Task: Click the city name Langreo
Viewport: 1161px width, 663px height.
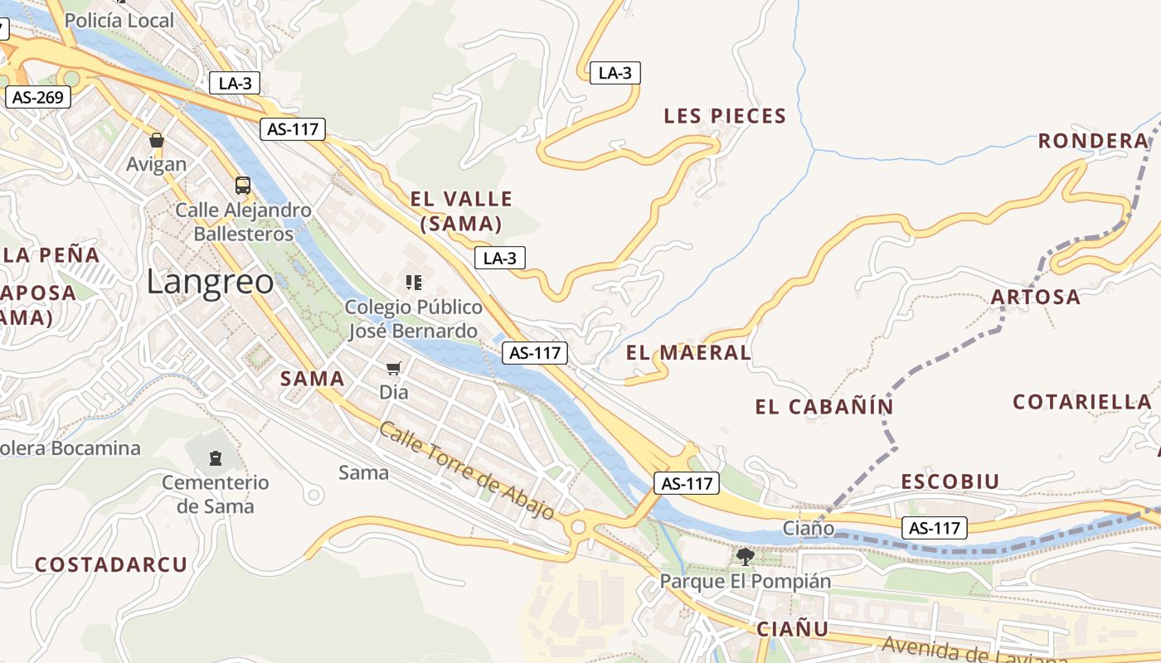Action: pos(210,283)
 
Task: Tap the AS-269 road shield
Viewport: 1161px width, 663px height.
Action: pos(38,97)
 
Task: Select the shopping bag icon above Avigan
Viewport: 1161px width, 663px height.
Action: pos(157,140)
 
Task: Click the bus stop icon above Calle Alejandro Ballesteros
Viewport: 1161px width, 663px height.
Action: pos(242,185)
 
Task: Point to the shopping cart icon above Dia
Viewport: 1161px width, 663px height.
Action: pos(394,367)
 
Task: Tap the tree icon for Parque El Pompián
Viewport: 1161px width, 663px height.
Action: pos(745,556)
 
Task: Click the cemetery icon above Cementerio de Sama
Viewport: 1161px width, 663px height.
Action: pos(216,457)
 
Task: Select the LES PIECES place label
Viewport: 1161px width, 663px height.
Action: pos(725,117)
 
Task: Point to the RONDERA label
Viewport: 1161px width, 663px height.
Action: pos(1093,141)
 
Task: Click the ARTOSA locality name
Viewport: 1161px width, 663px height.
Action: pos(1036,297)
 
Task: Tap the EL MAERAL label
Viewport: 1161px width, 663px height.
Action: pos(688,353)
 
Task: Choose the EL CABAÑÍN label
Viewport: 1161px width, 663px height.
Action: pos(824,407)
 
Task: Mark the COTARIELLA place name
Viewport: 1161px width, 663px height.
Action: pos(1081,402)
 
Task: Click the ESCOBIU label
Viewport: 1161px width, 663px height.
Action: pos(950,482)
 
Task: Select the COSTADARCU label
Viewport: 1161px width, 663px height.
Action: pos(111,565)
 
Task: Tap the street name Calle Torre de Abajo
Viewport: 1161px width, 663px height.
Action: pos(467,470)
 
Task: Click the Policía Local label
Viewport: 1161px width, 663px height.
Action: pos(119,21)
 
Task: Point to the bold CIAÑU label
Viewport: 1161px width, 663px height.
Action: pos(792,629)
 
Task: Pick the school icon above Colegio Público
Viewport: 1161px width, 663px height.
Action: pos(414,283)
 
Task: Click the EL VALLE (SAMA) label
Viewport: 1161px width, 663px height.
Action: pos(461,211)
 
